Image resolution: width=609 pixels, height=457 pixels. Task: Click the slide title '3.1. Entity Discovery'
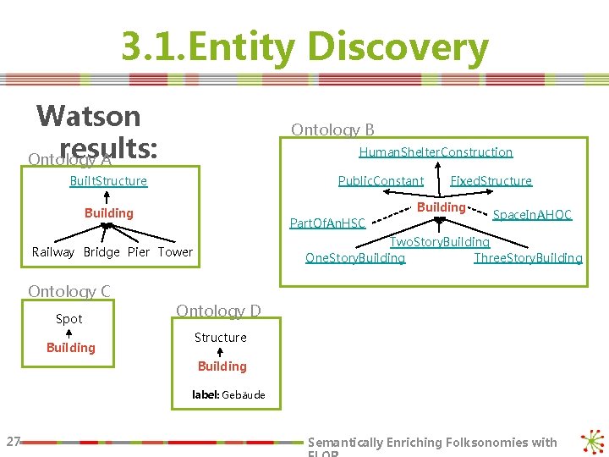point(304,47)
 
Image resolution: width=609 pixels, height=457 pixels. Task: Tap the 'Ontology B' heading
point(332,129)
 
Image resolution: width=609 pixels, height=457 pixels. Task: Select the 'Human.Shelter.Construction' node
point(436,152)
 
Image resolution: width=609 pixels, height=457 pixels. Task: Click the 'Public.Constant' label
point(381,181)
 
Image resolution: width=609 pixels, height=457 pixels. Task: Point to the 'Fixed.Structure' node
point(491,181)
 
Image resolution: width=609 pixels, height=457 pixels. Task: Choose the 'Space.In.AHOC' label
point(532,215)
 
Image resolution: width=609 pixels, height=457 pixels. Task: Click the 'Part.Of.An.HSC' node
point(327,223)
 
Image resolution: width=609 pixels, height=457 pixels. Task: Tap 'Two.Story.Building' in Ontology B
point(439,242)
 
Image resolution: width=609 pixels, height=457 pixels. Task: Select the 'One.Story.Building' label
point(355,257)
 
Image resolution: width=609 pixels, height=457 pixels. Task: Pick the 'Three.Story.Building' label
point(528,257)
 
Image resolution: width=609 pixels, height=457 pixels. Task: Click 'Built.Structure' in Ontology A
point(108,181)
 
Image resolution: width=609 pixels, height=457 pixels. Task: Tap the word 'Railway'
point(53,252)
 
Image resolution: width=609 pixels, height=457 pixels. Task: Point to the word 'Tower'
point(175,252)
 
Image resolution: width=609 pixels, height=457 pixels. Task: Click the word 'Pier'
point(139,252)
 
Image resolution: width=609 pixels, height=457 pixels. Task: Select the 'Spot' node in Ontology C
point(69,319)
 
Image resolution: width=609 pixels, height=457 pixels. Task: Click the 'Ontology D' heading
point(218,311)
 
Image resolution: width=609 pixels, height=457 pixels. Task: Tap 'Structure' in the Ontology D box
point(221,338)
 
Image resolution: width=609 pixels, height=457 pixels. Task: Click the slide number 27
point(13,441)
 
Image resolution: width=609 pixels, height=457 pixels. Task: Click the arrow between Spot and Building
point(69,333)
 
